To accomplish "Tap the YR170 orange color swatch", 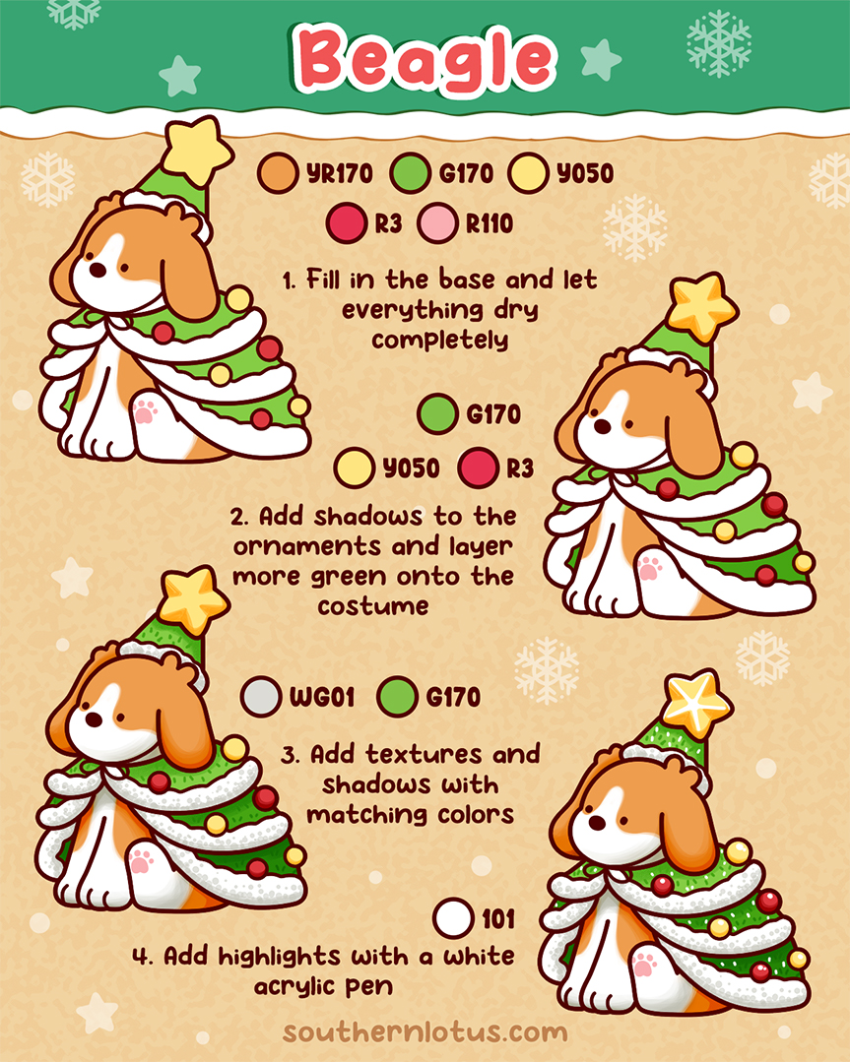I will tap(277, 174).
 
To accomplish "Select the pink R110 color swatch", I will tap(436, 224).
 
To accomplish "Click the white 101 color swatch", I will tap(453, 919).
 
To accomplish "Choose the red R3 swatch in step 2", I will tap(479, 468).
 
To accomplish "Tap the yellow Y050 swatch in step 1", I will tap(528, 174).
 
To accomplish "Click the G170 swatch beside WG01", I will tap(398, 697).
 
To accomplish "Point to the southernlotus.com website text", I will tap(425, 1032).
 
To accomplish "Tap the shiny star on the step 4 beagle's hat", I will tap(696, 702).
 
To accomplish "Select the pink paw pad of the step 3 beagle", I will tap(142, 860).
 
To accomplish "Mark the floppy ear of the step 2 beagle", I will tap(693, 433).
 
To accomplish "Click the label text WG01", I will tap(316, 697).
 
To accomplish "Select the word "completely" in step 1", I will tap(439, 340).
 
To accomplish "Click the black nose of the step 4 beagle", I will tap(589, 822).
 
